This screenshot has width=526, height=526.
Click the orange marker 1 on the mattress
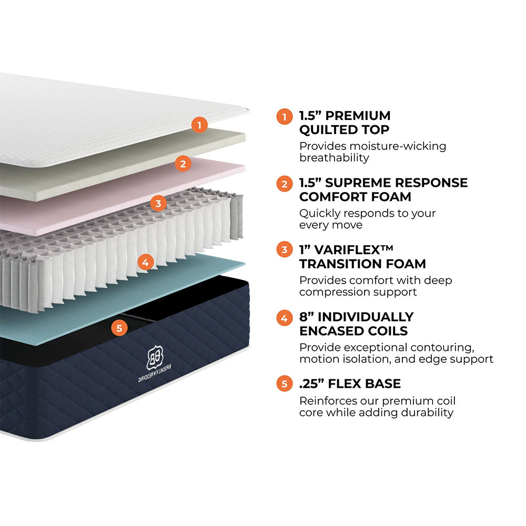(x=199, y=125)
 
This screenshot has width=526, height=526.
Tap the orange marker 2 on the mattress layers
(x=183, y=164)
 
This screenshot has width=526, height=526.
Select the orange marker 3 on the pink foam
(x=158, y=203)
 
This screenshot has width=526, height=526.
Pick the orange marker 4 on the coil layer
(x=147, y=261)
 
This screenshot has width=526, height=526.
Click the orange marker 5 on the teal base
(x=119, y=328)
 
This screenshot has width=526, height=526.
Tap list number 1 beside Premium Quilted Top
(x=285, y=116)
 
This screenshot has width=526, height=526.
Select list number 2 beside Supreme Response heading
(x=285, y=184)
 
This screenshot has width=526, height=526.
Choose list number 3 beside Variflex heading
(x=285, y=250)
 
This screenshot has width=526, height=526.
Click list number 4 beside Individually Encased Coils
(x=285, y=318)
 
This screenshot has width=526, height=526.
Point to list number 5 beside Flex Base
(x=285, y=384)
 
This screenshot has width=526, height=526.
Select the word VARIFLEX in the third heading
(x=348, y=249)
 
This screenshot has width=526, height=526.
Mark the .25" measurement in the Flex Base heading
(x=310, y=383)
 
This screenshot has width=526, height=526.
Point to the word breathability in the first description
(x=334, y=158)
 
